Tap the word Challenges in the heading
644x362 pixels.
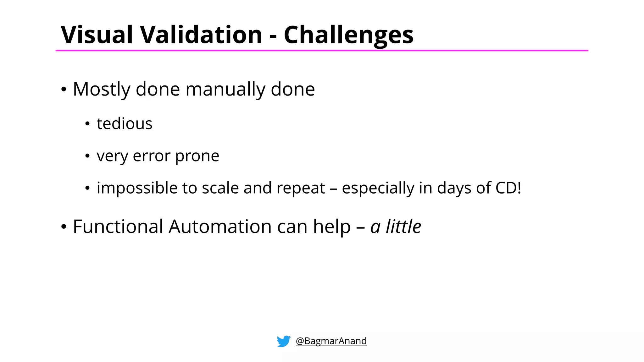(x=348, y=35)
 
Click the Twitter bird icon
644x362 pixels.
(x=283, y=341)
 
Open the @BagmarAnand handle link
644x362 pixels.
(x=331, y=341)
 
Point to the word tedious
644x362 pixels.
(x=125, y=123)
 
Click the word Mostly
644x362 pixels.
(x=101, y=90)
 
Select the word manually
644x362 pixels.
(x=225, y=90)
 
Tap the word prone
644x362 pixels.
(x=197, y=156)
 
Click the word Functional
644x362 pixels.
(x=118, y=227)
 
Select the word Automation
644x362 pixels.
(x=220, y=227)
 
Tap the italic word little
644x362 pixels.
(x=403, y=227)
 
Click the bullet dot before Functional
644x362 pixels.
(x=64, y=227)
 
